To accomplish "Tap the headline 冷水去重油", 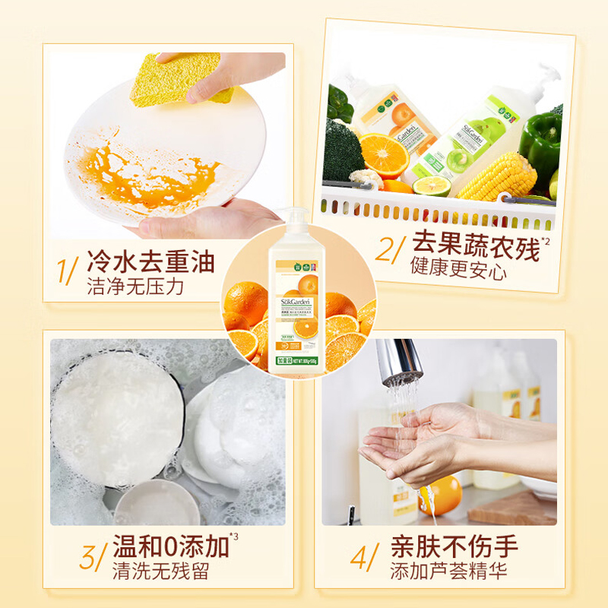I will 150,263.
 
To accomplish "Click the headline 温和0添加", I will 169,546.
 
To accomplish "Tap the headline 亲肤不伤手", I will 454,546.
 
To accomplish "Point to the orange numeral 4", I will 360,558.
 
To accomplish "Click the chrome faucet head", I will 399,362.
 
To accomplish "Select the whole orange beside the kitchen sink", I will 441,494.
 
